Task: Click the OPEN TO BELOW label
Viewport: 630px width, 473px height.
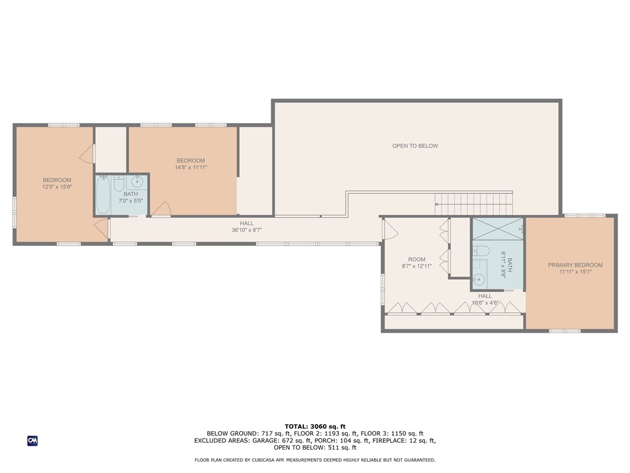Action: (415, 146)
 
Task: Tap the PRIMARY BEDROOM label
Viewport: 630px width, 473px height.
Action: (575, 265)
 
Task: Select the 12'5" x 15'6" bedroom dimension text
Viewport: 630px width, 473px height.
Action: (57, 187)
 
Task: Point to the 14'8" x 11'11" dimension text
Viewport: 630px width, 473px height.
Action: (191, 167)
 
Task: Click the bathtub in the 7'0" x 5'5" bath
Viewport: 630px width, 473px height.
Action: (103, 195)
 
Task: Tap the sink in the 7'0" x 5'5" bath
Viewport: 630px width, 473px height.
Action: (137, 182)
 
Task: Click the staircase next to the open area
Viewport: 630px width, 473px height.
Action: (474, 200)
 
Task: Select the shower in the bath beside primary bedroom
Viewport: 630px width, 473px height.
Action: (497, 229)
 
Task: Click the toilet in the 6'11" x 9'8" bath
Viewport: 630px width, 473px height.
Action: (482, 251)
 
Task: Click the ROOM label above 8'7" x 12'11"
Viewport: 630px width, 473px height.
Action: (417, 259)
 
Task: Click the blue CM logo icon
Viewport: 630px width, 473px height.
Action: (33, 440)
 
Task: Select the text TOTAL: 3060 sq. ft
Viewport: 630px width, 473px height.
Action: (315, 426)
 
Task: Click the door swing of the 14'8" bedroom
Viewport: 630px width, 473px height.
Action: (162, 209)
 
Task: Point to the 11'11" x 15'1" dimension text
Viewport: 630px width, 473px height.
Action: (575, 272)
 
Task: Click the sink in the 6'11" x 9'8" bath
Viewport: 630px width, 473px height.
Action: (479, 280)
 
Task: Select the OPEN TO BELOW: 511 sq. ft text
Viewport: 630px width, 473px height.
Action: (315, 448)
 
